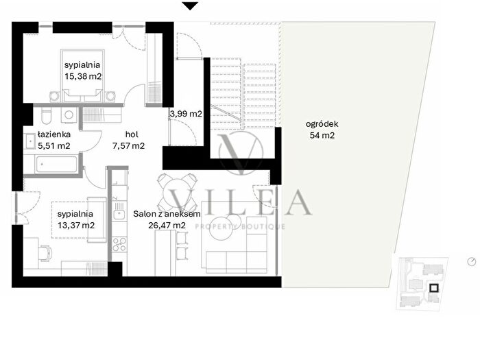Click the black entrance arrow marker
pyautogui.click(x=190, y=5)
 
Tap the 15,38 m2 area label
pyautogui.click(x=83, y=76)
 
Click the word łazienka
pyautogui.click(x=54, y=134)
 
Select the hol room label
pyautogui.click(x=132, y=134)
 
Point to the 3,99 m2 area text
pyautogui.click(x=186, y=114)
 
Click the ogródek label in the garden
pyautogui.click(x=322, y=124)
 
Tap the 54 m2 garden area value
pyautogui.click(x=322, y=135)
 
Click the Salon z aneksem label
pyautogui.click(x=167, y=214)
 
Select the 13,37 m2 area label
pyautogui.click(x=76, y=226)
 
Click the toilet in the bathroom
pyautogui.click(x=47, y=116)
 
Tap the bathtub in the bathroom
pyautogui.click(x=56, y=164)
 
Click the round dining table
pyautogui.click(x=177, y=192)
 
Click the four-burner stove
pyautogui.click(x=119, y=244)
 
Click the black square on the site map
pyautogui.click(x=434, y=289)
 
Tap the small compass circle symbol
pyautogui.click(x=472, y=262)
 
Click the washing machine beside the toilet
pyautogui.click(x=69, y=115)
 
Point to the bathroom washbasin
pyautogui.click(x=30, y=141)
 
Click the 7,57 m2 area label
pyautogui.click(x=129, y=146)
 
